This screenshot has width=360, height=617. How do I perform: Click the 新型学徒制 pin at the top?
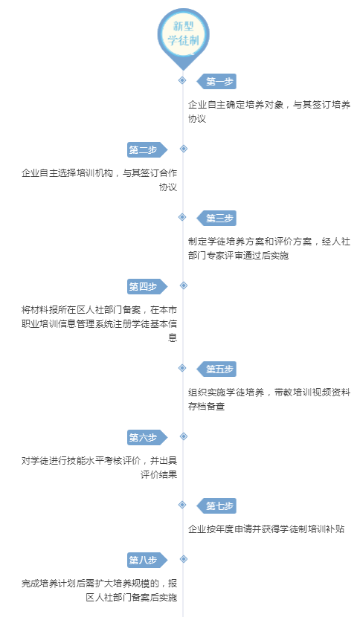(183, 36)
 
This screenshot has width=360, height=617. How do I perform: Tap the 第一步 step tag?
(216, 82)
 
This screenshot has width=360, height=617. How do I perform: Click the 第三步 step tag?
(216, 218)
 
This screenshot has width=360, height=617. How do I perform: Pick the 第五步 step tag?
(216, 369)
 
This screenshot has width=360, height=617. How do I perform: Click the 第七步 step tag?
(216, 505)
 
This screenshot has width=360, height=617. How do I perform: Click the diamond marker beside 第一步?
(182, 80)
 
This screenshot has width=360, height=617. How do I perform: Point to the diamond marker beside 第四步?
(184, 285)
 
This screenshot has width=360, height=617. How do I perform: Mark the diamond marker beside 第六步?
(184, 436)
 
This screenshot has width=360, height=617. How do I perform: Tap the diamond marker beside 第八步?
(184, 559)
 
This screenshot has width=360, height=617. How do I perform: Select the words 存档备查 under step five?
(206, 406)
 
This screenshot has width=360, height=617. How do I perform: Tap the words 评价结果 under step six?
(158, 474)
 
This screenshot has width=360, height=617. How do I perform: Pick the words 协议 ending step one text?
(197, 118)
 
